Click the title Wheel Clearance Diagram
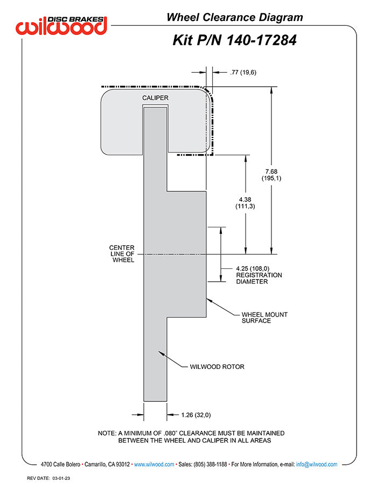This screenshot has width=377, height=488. tap(234, 17)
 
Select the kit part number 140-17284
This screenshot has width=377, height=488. tap(234, 40)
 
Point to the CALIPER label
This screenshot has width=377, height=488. tap(155, 97)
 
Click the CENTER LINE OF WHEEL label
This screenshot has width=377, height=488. tap(122, 254)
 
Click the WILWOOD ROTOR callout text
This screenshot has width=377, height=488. tap(217, 367)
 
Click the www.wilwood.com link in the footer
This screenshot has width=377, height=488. tap(153, 464)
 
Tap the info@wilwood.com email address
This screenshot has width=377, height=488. tap(317, 464)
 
